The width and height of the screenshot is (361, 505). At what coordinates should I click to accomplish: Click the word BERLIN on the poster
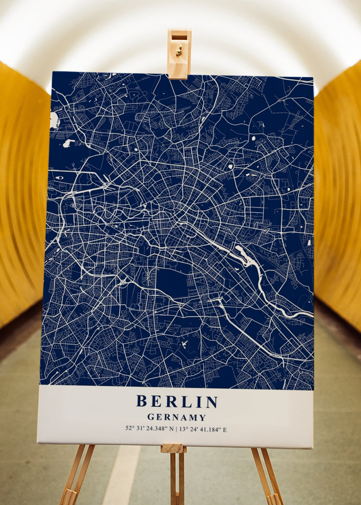177,402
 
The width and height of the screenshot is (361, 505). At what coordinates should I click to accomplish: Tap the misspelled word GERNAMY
177,418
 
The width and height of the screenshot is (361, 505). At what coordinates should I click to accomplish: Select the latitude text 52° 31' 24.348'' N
149,429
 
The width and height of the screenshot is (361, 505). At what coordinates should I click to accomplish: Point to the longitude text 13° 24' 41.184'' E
203,429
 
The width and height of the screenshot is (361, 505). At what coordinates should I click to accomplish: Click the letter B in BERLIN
142,402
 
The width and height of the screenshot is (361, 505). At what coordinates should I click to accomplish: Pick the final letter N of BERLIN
212,402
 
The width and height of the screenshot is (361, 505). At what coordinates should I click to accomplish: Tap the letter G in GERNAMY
150,418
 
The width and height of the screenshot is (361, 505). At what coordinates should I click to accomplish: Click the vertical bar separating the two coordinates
177,429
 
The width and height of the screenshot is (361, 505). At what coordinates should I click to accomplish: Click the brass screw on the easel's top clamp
179,50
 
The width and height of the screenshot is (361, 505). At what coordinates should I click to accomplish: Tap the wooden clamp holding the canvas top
179,54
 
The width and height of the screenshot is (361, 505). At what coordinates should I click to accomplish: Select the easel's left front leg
74,476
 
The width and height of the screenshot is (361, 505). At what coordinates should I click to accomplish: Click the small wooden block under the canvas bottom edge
174,448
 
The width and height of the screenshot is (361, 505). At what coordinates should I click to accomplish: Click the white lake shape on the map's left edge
54,120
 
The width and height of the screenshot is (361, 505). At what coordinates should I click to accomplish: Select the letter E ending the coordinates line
225,429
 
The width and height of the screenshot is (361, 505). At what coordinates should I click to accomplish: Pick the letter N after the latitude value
172,429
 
